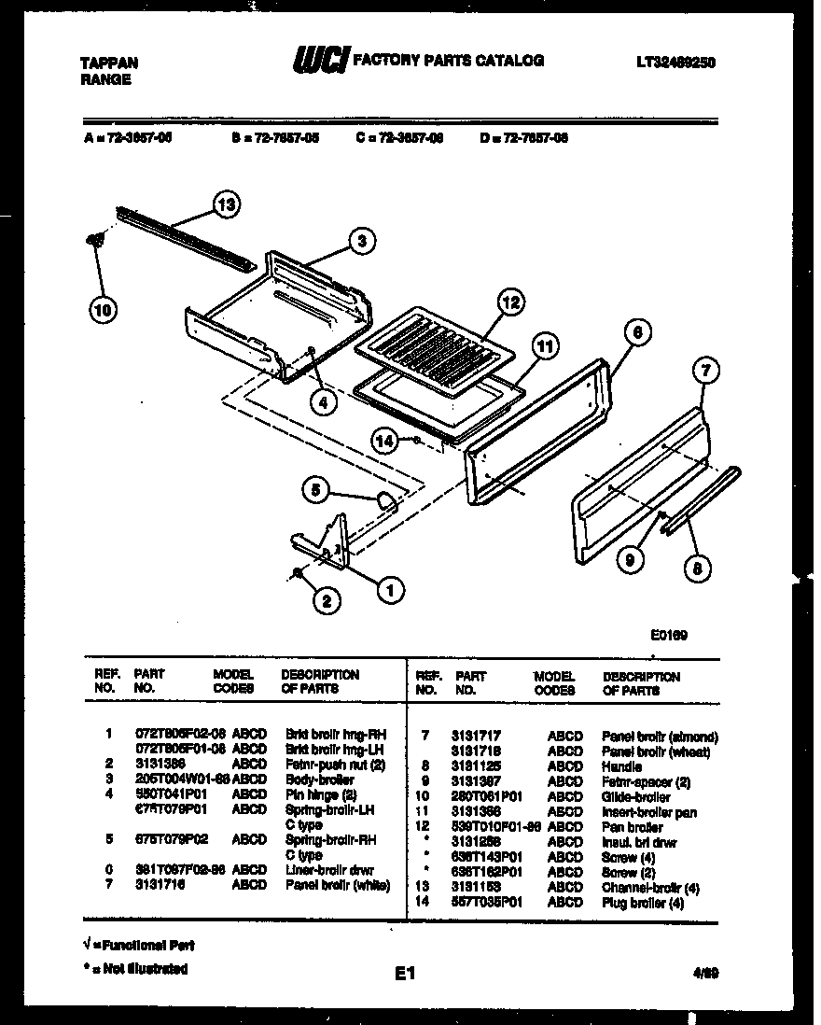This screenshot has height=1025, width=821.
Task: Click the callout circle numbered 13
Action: tap(225, 204)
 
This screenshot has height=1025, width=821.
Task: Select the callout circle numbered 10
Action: tap(103, 309)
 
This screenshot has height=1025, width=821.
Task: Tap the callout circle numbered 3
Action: tap(363, 241)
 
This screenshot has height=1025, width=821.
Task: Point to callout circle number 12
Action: tap(509, 302)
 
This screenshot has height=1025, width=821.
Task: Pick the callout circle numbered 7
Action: tap(706, 371)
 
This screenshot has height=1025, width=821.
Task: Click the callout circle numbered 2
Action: tap(325, 602)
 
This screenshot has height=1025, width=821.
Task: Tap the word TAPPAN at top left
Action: tap(109, 63)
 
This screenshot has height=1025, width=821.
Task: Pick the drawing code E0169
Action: tap(669, 635)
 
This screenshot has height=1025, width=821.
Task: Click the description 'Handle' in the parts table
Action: tap(621, 766)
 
